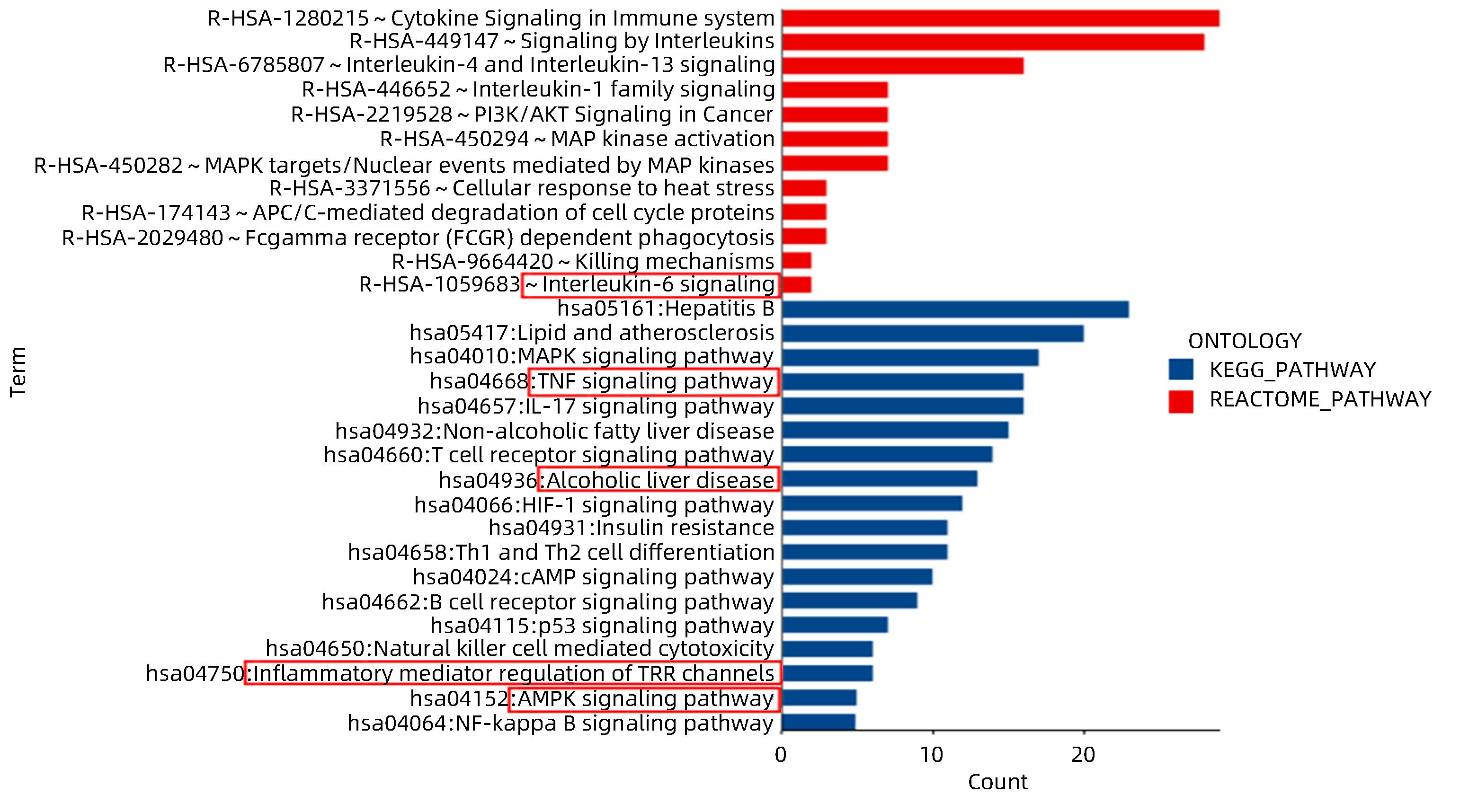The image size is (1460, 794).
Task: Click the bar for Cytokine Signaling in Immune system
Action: point(1000,18)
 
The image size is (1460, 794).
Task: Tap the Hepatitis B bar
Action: point(955,309)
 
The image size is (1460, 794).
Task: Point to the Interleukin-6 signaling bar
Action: point(796,284)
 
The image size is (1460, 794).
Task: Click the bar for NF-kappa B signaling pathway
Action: point(819,723)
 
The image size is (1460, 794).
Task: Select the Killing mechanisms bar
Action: point(796,261)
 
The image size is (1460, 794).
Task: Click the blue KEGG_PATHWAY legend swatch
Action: point(1181,369)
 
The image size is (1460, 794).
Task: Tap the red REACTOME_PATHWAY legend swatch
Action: point(1181,401)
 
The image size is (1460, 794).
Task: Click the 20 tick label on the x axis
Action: point(1083,754)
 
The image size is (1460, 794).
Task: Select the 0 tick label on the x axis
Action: point(781,754)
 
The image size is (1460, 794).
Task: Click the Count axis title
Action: point(997,782)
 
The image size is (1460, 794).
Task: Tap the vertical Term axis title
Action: point(18,371)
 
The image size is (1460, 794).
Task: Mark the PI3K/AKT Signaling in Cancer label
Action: point(532,115)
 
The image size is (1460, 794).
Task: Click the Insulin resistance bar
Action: point(864,528)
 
